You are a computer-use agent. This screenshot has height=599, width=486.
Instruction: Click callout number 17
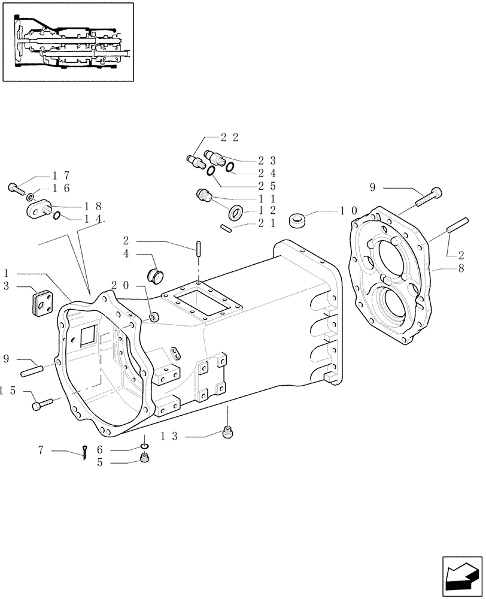pos(61,176)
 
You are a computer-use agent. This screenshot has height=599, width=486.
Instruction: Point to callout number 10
pos(348,211)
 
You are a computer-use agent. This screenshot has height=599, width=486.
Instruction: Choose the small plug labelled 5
pos(144,459)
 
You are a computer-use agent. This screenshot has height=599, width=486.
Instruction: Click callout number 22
pos(230,137)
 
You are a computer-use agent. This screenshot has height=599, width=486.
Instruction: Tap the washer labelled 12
pos(236,212)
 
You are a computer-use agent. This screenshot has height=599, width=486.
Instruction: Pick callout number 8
pos(461,270)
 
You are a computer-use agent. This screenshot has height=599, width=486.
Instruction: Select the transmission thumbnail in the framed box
pos(68,41)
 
